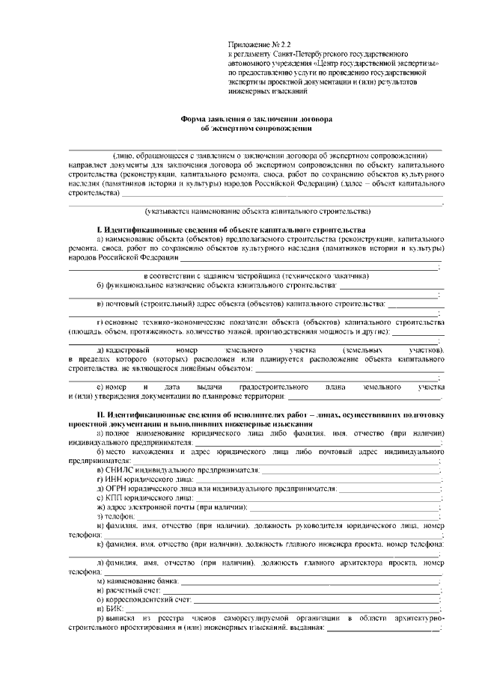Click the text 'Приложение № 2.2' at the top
pos(258,46)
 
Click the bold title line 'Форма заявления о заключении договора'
pos(258,119)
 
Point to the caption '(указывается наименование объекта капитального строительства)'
pos(257,212)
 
